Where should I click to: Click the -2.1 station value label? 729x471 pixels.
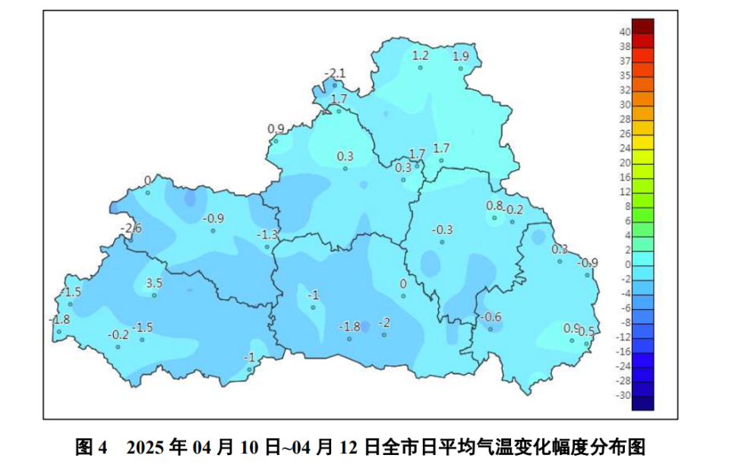335,73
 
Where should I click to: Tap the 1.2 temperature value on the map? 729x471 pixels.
420,55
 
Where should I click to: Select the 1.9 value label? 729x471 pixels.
461,55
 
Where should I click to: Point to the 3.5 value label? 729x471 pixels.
154,283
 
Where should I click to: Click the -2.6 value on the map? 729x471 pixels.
132,228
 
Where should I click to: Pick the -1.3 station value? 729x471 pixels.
267,234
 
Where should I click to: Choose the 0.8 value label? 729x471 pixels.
494,206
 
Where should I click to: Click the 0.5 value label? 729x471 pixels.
586,331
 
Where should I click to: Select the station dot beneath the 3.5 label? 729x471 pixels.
153,295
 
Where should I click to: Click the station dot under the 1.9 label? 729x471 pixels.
461,68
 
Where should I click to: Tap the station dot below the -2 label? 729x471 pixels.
384,334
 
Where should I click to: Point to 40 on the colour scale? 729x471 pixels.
625,32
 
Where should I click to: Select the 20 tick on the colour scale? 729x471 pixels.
625,163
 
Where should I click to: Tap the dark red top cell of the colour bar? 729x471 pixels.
642,25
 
